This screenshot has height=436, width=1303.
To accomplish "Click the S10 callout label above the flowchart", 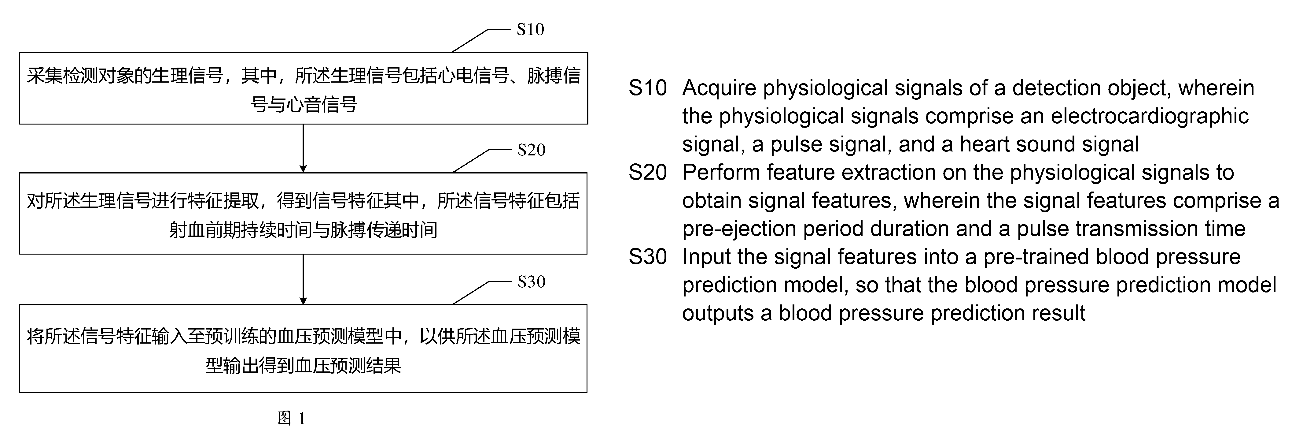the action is click(x=530, y=29).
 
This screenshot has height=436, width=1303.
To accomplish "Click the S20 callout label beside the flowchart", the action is click(x=531, y=150).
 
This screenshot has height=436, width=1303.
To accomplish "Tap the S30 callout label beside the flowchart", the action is click(x=531, y=281).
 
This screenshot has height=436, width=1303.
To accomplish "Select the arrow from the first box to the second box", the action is click(x=303, y=148).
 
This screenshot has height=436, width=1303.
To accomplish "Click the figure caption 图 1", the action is click(x=292, y=418).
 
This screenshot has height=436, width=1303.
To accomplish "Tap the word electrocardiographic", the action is click(x=1150, y=117).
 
